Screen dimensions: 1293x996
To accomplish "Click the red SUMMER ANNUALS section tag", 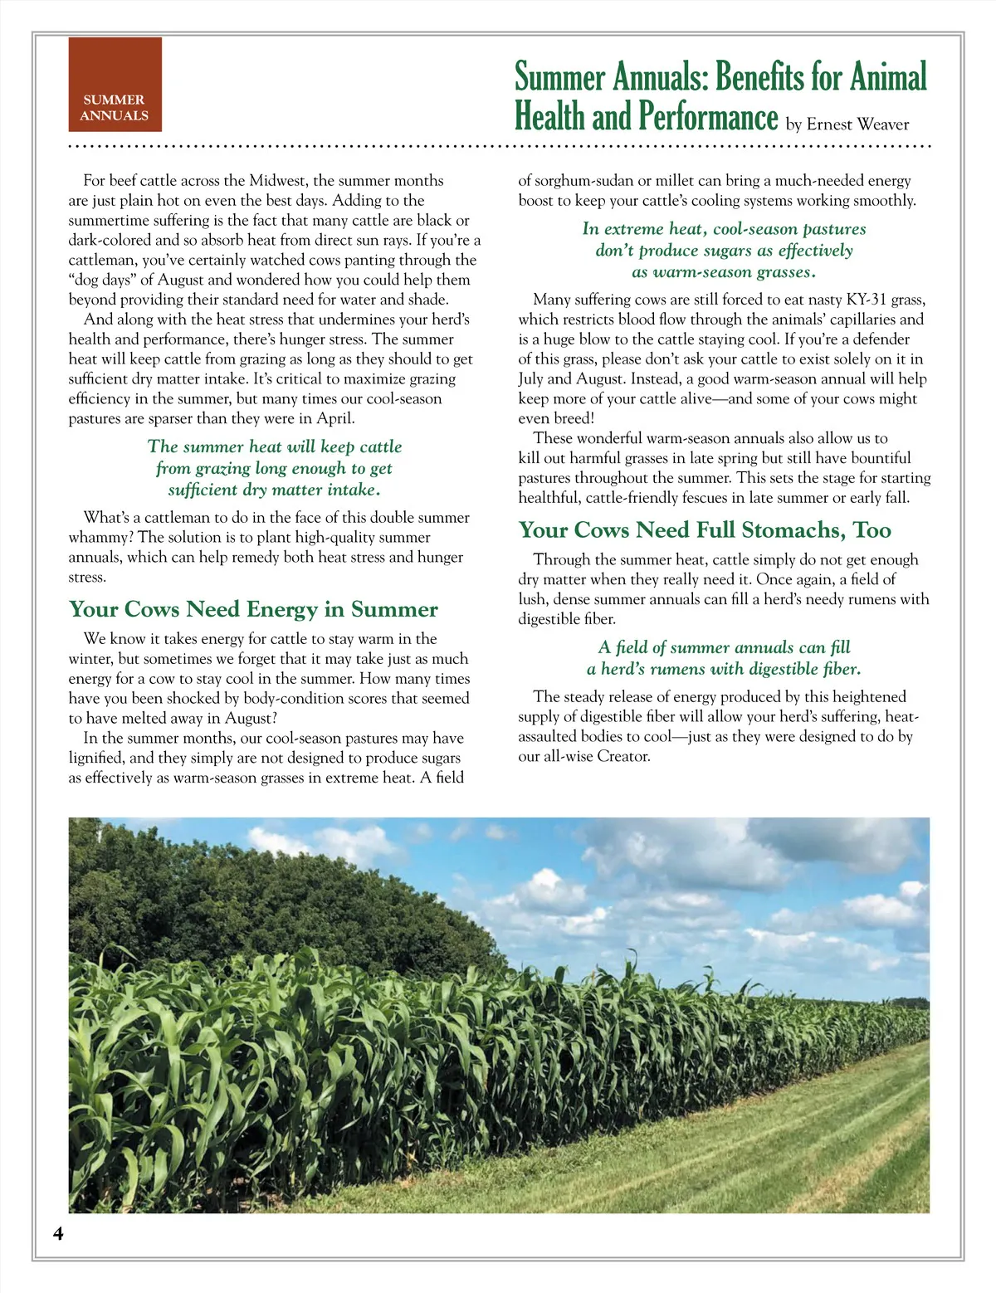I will (115, 85).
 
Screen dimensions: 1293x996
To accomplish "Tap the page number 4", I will (58, 1233).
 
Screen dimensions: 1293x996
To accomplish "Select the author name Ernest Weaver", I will (857, 124).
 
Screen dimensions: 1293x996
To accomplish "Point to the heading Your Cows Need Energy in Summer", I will (253, 609).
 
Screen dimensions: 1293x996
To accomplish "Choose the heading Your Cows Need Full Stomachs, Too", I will (705, 529).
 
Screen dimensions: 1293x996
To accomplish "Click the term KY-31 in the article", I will (866, 300).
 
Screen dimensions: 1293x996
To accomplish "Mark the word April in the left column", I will (335, 418).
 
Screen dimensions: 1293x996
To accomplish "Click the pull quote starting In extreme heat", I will (724, 250).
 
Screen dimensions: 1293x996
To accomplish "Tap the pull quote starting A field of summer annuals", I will (724, 658).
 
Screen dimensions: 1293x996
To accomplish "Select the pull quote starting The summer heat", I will (275, 468).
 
